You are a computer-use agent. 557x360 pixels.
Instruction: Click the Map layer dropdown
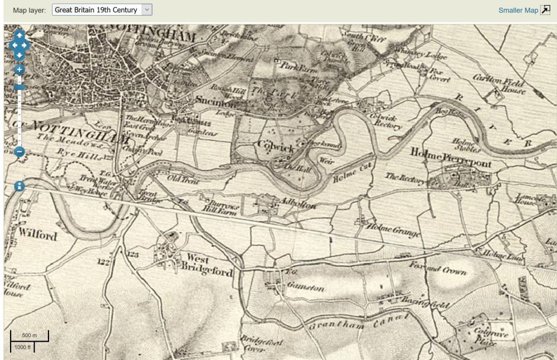[101, 10]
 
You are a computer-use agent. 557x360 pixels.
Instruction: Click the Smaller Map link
[518, 10]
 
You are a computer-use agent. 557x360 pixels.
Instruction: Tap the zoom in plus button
[19, 70]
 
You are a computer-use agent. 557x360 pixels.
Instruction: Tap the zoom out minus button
[19, 151]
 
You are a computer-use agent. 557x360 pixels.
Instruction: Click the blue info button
[19, 186]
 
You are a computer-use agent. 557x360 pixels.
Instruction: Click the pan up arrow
[19, 35]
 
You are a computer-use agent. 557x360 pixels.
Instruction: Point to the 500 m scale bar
[30, 335]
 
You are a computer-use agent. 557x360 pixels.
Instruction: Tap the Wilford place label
[38, 235]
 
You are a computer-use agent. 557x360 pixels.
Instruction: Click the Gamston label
[305, 287]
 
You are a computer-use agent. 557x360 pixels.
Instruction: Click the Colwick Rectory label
[386, 121]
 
